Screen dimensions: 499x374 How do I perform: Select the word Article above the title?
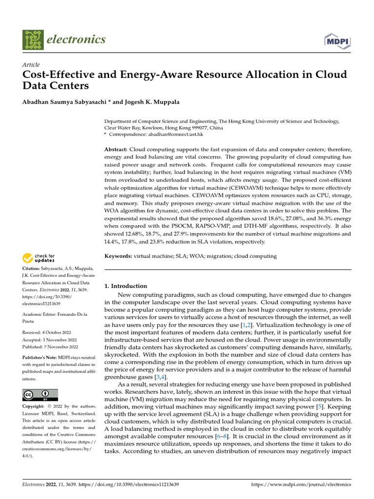[31, 65]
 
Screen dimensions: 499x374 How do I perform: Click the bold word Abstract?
[116, 149]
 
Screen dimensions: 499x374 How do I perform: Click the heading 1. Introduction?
[126, 286]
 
